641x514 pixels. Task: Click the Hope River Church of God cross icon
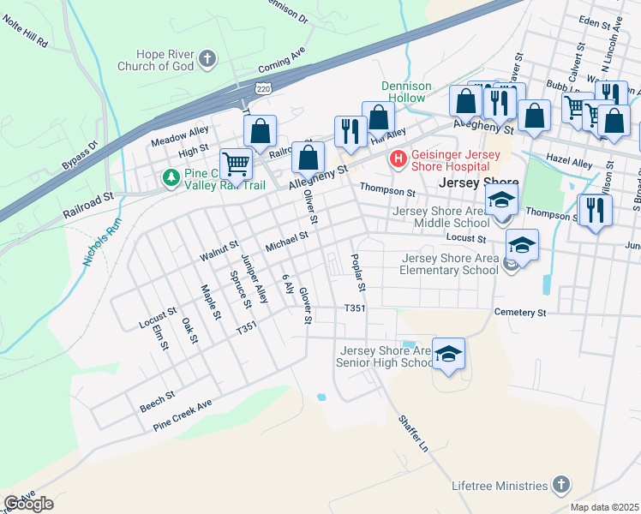click(207, 59)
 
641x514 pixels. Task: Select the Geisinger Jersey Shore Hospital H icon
click(397, 158)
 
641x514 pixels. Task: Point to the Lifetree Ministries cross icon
click(561, 485)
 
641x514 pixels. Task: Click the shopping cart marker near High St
click(236, 163)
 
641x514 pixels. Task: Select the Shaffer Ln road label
click(411, 434)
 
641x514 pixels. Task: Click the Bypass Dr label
click(81, 156)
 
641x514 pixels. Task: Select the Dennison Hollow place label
click(403, 92)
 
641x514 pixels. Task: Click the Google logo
click(28, 504)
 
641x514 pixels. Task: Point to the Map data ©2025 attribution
click(604, 507)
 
